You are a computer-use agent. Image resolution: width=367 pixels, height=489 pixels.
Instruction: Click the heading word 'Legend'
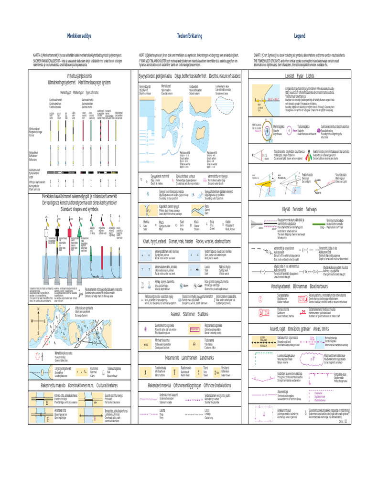click(299, 36)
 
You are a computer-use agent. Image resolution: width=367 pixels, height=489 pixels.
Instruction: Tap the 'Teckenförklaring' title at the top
click(190, 36)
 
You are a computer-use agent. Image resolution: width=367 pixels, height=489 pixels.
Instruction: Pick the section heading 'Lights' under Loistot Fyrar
click(310, 76)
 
